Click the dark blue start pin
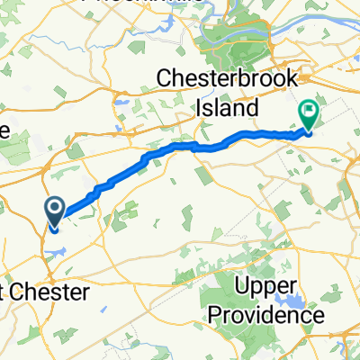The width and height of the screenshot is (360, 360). click(54, 212)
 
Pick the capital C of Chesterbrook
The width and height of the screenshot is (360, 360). click(165, 79)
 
